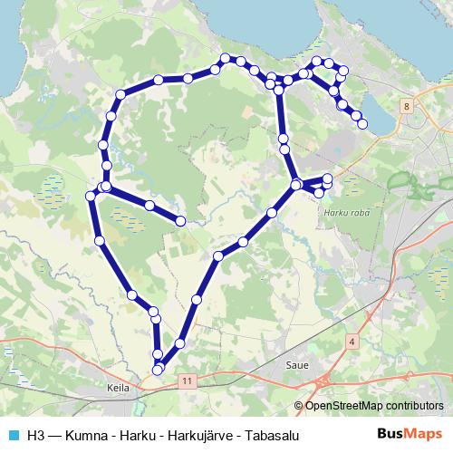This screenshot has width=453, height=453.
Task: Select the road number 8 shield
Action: [x=408, y=107]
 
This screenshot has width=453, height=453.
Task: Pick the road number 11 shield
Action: [x=187, y=381]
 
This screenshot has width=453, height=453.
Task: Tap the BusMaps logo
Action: [x=410, y=434]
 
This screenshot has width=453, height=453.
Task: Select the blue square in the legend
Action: [x=11, y=435]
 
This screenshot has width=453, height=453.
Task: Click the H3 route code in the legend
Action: [x=34, y=435]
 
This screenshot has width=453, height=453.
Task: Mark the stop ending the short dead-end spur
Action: [x=181, y=221]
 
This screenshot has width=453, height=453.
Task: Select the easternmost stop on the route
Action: [x=363, y=124]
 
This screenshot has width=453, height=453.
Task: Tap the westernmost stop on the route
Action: [x=90, y=196]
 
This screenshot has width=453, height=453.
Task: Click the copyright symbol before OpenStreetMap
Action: [x=299, y=406]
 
